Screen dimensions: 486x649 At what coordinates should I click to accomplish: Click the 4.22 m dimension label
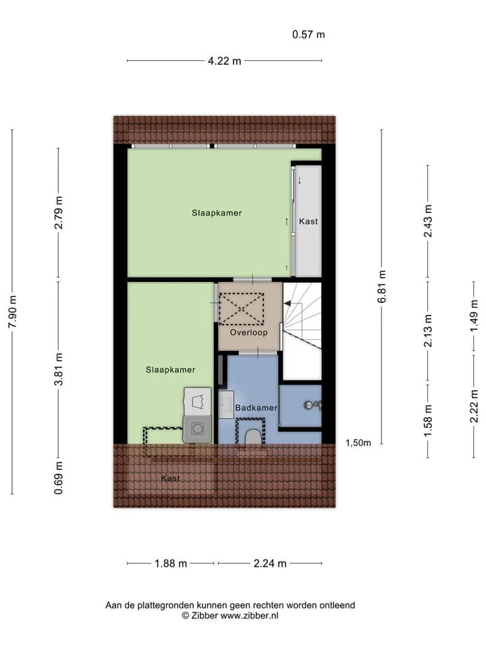coord(224,62)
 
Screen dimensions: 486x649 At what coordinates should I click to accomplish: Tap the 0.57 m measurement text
coord(308,34)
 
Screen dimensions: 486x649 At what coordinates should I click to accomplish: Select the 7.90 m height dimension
coord(13,312)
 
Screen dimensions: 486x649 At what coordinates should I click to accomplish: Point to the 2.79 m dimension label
coord(59,213)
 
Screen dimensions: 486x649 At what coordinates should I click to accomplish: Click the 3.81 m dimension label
coord(59,369)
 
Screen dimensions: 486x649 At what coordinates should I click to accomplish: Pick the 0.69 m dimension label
coord(59,478)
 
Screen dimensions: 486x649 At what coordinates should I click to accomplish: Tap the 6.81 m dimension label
coord(382,287)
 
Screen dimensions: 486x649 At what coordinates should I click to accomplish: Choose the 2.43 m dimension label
coord(428,221)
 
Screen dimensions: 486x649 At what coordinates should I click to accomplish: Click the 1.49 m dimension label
coord(474,316)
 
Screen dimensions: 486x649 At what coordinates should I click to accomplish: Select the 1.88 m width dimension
coord(171,563)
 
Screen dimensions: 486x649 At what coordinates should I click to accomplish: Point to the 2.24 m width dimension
coord(270,563)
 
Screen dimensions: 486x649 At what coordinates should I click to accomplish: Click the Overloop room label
coord(249,333)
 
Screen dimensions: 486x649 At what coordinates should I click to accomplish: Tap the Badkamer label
coord(256,408)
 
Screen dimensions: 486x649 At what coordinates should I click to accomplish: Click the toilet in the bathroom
coord(252,437)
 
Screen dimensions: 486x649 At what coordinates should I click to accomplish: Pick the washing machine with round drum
coord(198,429)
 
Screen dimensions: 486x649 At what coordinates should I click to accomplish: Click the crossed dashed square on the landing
coord(241,309)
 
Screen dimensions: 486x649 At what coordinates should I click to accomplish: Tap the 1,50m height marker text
coord(358,443)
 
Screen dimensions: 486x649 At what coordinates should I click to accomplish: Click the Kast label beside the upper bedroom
coord(308,222)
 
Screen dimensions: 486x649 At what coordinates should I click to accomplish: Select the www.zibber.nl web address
coord(249,615)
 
